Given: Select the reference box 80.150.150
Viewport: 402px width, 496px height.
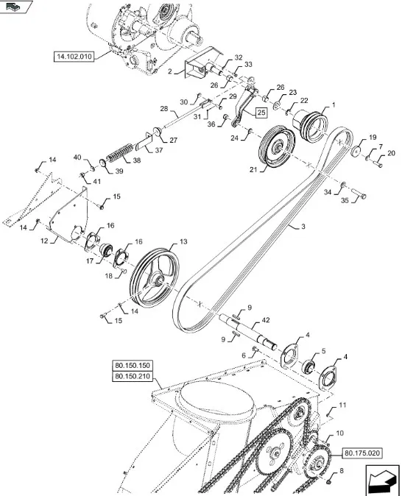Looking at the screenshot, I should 132,366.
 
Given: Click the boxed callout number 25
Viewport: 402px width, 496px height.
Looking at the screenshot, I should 261,112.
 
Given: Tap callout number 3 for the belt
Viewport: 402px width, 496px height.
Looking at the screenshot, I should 301,227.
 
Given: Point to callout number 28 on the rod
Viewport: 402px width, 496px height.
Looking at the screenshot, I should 164,108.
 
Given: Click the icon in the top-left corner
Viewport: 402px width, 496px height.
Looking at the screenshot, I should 18,7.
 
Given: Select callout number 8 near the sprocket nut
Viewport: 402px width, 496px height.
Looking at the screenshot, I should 339,470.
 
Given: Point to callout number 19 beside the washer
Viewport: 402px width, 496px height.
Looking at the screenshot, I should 372,138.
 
